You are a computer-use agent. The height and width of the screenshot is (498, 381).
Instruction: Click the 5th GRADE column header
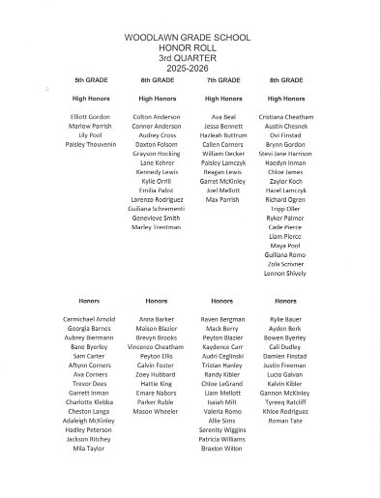[91, 79]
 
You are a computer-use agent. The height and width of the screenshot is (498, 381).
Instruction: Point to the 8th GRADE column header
[286, 79]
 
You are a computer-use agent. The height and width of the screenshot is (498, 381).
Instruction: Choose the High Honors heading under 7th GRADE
[222, 99]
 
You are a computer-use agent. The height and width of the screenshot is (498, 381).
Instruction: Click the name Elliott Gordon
[91, 117]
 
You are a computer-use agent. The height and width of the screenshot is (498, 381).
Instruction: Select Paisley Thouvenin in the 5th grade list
[91, 144]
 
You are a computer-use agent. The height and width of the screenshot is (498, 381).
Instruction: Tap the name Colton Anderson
[156, 117]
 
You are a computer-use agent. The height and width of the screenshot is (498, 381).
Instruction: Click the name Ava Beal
[223, 117]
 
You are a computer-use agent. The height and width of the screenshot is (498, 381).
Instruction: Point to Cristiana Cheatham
[287, 117]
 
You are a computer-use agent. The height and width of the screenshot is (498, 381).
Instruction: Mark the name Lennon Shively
[287, 274]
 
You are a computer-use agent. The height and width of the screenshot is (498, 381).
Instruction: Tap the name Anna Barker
[156, 318]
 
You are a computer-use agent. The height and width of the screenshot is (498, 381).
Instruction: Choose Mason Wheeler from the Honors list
[156, 412]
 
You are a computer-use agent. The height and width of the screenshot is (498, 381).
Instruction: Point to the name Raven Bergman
[222, 318]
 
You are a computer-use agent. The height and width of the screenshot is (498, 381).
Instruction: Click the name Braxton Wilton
[222, 449]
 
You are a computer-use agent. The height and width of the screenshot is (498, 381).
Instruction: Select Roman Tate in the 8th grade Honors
[287, 412]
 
